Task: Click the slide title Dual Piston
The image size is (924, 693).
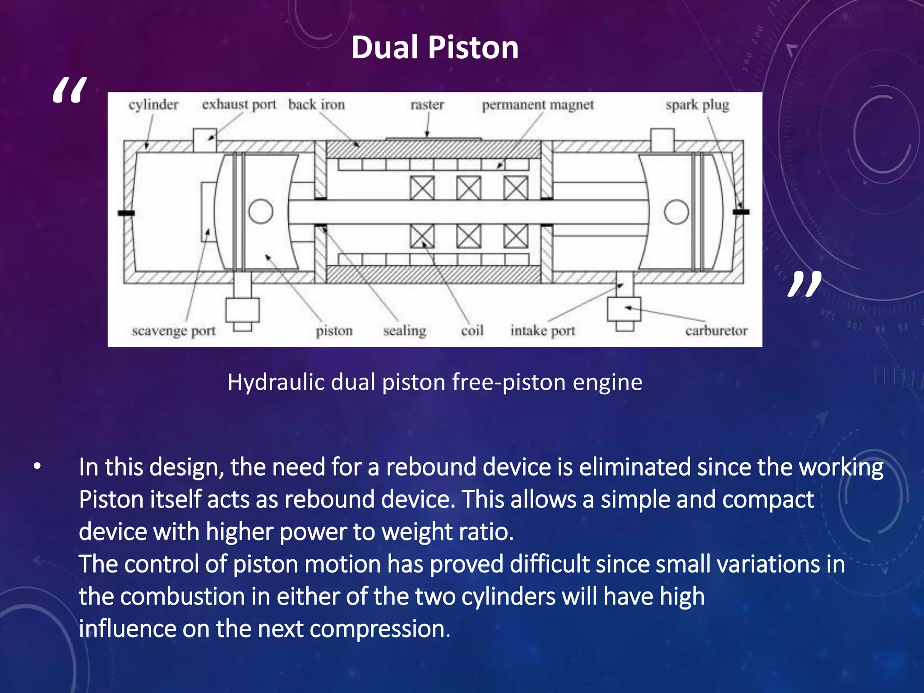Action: (x=434, y=47)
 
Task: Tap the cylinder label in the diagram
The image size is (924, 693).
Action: (x=153, y=105)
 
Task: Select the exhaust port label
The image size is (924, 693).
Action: (x=239, y=105)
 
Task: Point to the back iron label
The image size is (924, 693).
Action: (x=316, y=105)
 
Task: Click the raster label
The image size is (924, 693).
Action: (x=427, y=105)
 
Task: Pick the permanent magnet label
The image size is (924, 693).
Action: (x=538, y=105)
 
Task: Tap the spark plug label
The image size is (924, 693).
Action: (x=697, y=105)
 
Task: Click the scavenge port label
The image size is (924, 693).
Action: (x=174, y=331)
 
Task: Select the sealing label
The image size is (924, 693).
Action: (x=404, y=331)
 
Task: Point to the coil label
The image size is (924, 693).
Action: (x=472, y=331)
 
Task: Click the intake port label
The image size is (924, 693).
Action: (x=543, y=331)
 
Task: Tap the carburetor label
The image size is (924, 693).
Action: (x=716, y=331)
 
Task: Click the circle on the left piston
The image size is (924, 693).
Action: (x=261, y=211)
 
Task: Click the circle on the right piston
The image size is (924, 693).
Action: (x=676, y=212)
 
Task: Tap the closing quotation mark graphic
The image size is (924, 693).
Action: (x=804, y=284)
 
